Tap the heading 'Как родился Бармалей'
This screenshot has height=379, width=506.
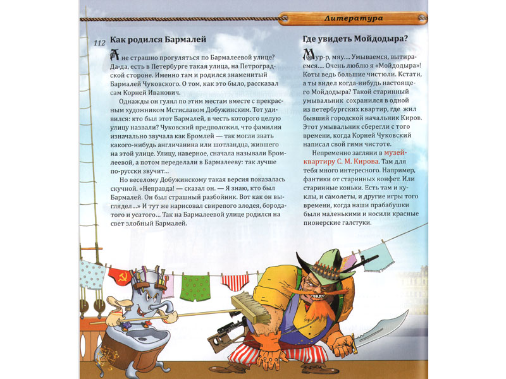pyautogui.click(x=158, y=40)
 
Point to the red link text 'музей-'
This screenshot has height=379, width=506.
pyautogui.click(x=392, y=152)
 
